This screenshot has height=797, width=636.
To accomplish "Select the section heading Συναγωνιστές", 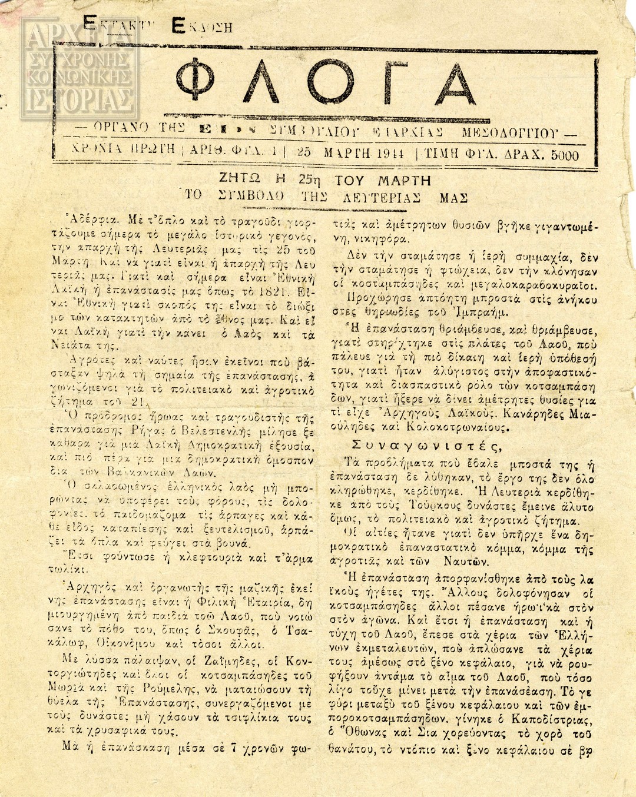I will tap(427, 446).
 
